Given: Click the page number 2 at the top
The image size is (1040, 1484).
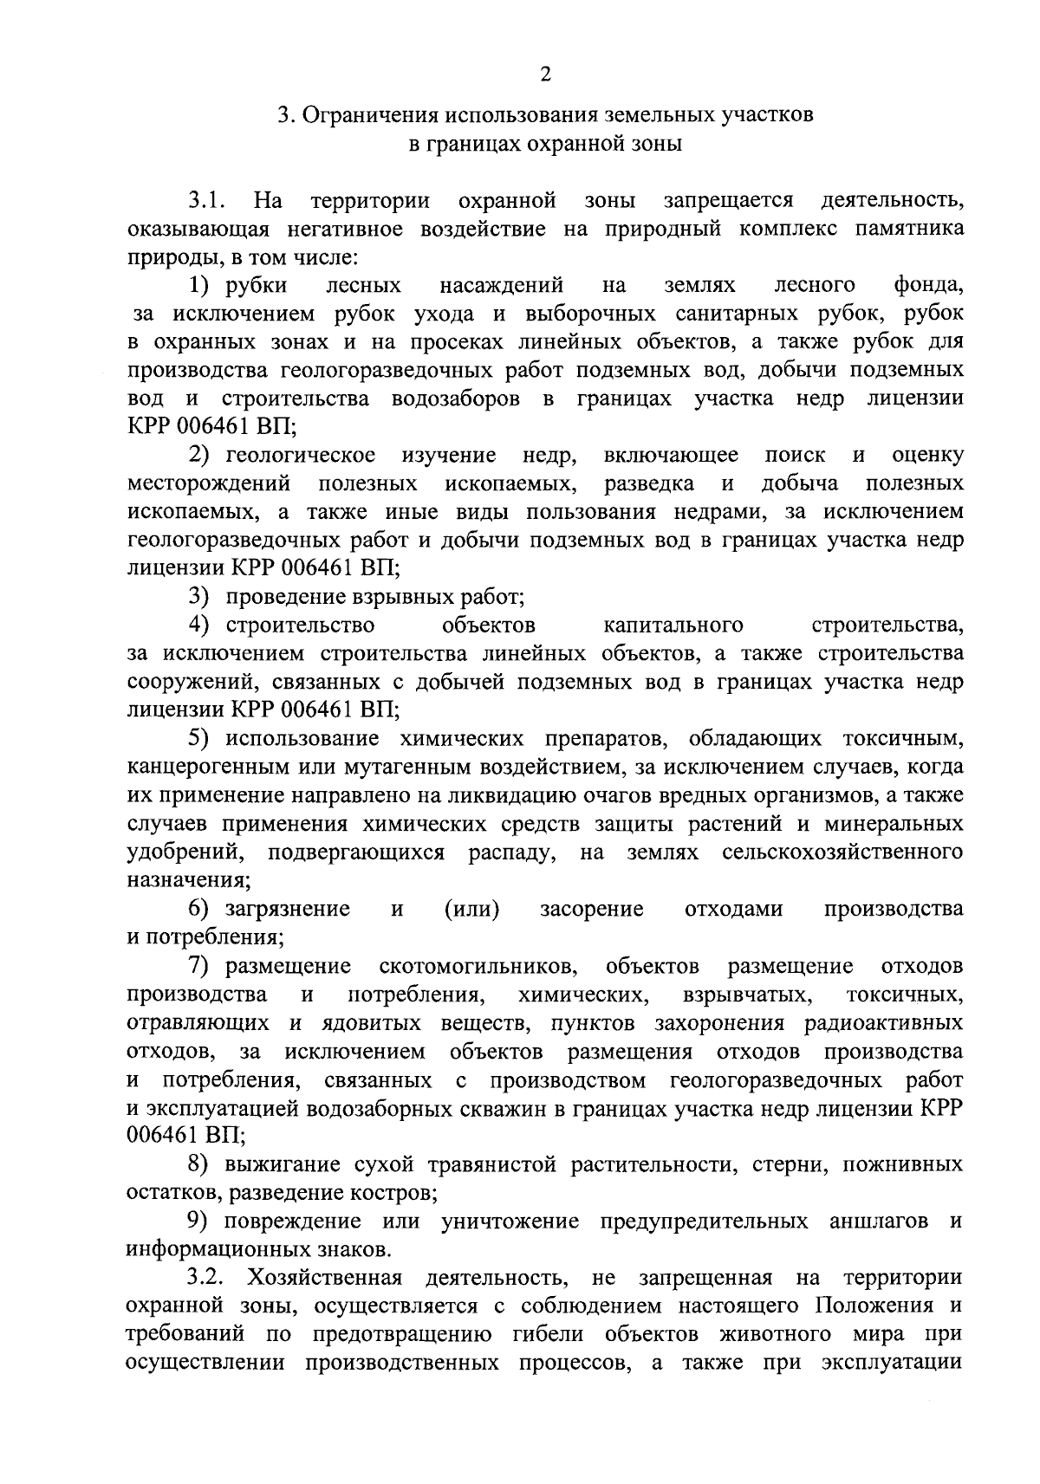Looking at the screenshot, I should click(x=545, y=75).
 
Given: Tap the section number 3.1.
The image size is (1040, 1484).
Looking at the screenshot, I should click(x=208, y=202).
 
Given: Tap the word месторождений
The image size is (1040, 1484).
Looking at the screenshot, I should click(x=208, y=483).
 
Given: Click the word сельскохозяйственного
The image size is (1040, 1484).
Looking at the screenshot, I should click(x=842, y=852).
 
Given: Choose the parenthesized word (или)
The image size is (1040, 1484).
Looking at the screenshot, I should click(x=471, y=909).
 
